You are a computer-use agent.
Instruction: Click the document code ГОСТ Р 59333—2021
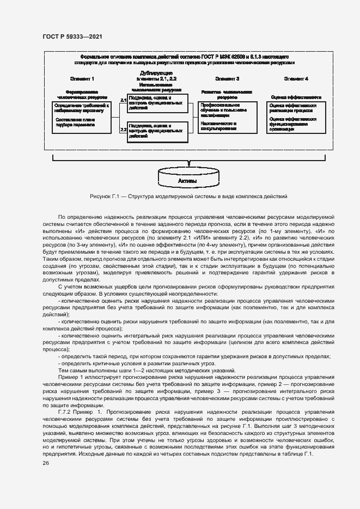72,36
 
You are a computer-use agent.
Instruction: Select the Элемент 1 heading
82,79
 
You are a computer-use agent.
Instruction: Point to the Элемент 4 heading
296,79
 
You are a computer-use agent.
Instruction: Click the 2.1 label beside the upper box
123,100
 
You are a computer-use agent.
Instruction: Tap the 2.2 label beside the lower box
123,130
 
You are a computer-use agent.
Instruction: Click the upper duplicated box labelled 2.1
157,103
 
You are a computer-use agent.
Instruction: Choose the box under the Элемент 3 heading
227,116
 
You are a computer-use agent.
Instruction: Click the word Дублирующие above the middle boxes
157,72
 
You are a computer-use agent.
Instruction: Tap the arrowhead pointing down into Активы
188,163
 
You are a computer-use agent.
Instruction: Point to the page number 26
46,463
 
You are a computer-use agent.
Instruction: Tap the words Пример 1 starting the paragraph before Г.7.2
71,377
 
